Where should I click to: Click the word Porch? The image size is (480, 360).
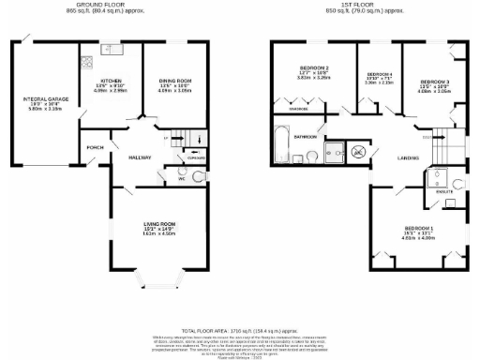tap(94, 148)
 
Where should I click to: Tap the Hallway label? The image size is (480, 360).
tap(139, 157)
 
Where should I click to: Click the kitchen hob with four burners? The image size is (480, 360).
tap(85, 64)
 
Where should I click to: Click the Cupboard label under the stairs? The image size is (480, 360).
tap(194, 158)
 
